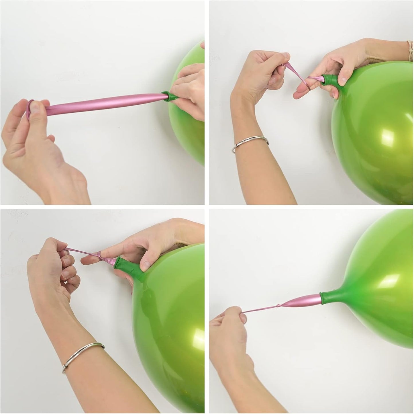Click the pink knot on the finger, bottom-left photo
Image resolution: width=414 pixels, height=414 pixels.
[x=99, y=255]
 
